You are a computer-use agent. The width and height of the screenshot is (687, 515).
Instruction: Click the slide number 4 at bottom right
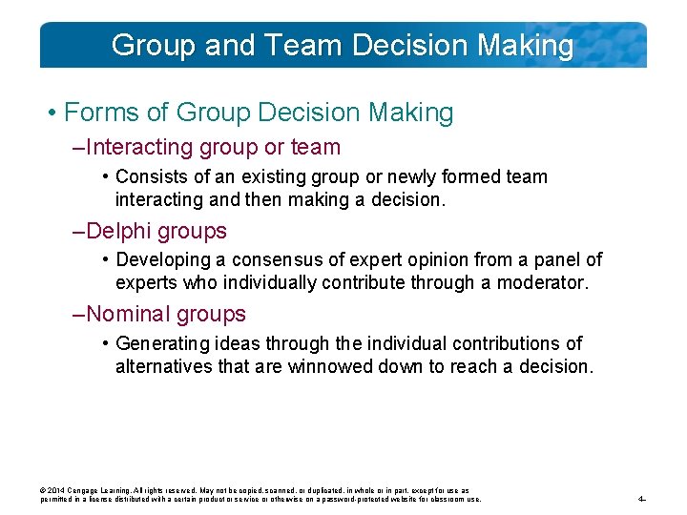click(x=641, y=499)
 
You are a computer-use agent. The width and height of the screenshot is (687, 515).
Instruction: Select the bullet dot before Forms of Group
click(x=51, y=113)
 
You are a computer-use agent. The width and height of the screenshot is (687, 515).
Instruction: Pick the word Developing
click(x=158, y=260)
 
